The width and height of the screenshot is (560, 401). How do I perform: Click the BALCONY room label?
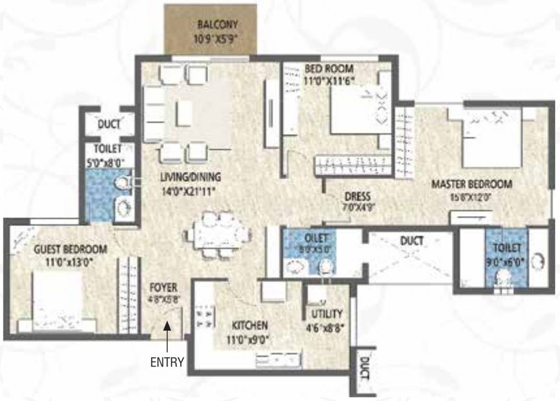click(217, 24)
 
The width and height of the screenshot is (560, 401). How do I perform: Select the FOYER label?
click(164, 288)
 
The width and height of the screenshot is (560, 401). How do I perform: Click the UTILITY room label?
click(327, 314)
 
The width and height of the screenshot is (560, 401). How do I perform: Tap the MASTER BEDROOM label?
click(471, 184)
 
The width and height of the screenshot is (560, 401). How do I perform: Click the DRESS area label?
click(357, 197)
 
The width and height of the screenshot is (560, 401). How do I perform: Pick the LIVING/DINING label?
click(190, 176)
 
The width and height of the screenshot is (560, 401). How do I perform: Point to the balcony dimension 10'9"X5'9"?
click(218, 38)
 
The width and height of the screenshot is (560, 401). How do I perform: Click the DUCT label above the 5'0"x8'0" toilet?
click(109, 124)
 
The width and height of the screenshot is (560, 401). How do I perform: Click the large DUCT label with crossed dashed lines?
click(413, 241)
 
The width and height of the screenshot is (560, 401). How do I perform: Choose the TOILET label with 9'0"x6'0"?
click(506, 247)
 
